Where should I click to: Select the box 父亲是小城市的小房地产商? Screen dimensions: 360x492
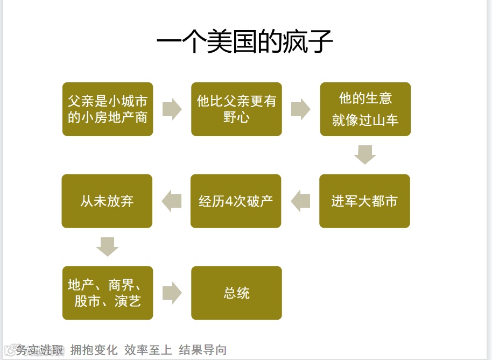[108, 109]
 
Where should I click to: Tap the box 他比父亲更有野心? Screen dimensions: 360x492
[236, 109]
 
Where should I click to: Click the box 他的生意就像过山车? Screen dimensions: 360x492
[366, 109]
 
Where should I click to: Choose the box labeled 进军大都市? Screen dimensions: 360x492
[364, 201]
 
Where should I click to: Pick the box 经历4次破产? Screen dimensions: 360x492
[236, 201]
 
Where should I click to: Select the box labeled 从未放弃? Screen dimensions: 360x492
[107, 201]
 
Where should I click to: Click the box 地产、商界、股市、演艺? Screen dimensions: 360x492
[108, 293]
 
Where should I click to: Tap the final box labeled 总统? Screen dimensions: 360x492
[236, 293]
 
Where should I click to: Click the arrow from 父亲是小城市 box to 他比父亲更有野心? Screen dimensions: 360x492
[172, 109]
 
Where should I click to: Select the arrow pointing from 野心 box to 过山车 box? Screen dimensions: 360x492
[301, 109]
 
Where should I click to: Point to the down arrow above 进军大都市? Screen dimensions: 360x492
[365, 155]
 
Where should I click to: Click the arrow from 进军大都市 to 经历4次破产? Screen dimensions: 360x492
[300, 201]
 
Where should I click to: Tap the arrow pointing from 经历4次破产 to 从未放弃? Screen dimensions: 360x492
[172, 201]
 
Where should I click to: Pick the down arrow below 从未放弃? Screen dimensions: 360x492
[107, 247]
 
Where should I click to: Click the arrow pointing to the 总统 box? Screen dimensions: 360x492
[172, 293]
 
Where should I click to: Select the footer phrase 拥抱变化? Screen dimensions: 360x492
[94, 350]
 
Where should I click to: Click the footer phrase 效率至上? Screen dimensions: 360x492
[148, 350]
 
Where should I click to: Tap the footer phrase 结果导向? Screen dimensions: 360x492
[203, 350]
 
